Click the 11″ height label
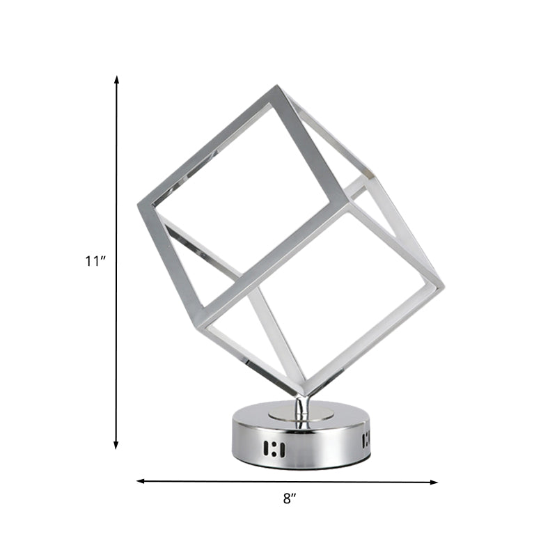click(x=95, y=262)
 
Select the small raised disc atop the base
click(x=300, y=416)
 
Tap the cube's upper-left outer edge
click(x=209, y=145)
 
